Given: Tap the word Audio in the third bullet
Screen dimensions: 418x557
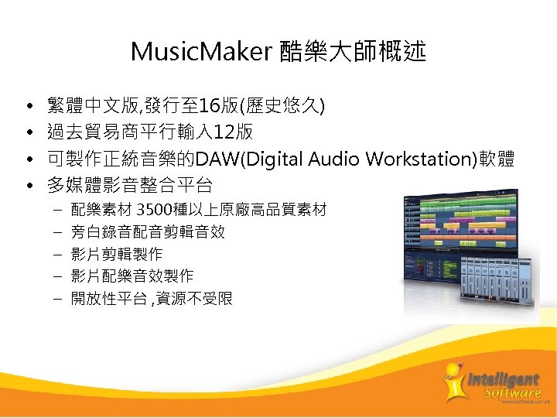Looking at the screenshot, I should (x=335, y=159).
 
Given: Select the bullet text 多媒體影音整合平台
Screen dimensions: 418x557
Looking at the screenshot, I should (x=129, y=185).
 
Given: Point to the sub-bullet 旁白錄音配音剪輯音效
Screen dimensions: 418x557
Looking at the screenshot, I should (x=148, y=231).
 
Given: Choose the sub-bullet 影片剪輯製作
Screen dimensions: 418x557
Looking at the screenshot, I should (x=117, y=254).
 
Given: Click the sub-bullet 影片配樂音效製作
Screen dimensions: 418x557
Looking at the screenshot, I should (x=132, y=276).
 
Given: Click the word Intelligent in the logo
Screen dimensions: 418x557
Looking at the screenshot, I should (x=503, y=379).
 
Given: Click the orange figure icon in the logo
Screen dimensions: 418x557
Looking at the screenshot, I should (x=454, y=381).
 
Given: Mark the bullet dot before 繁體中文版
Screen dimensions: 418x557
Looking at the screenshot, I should (x=28, y=106).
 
